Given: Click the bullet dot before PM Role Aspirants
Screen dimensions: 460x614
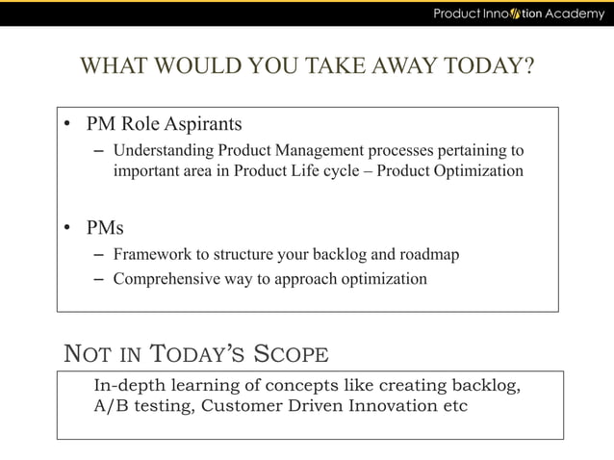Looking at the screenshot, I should coord(67,125).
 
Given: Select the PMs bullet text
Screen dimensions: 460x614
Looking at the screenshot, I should coord(105,228).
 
